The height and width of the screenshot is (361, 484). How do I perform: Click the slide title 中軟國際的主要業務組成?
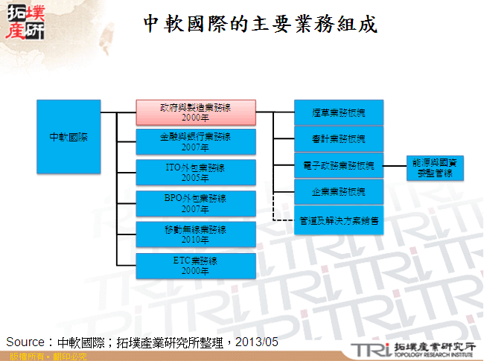261,25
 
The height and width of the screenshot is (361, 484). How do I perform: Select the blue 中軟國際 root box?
68,137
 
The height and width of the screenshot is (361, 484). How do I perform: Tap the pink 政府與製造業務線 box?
195,112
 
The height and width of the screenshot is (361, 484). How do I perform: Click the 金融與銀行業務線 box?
195,142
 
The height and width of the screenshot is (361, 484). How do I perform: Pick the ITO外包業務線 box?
195,173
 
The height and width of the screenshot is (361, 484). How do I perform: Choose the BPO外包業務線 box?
195,204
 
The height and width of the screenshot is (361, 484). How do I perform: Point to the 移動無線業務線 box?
195,234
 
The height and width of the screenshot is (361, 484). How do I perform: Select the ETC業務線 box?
195,266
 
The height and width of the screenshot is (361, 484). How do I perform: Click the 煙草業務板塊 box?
339,112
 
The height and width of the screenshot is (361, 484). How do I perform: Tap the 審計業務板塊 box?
339,138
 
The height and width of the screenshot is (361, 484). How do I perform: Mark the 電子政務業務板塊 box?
339,164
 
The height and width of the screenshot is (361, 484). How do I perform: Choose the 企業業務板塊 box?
339,192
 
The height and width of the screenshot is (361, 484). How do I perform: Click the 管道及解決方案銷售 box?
339,220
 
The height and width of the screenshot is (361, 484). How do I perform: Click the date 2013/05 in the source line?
258,342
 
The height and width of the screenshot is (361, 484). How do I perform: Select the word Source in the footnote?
26,342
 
